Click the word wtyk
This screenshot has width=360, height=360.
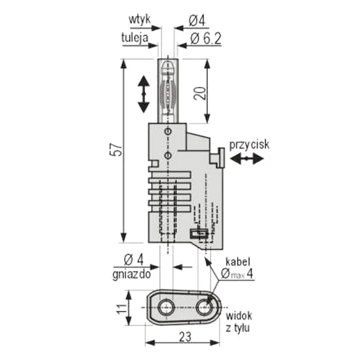coord(139,20)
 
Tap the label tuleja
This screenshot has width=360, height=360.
coord(135,37)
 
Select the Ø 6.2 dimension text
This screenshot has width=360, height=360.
coord(206,39)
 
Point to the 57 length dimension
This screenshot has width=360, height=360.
coord(117,150)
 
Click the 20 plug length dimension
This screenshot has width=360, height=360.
coord(199,93)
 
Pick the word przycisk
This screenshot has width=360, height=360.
coord(249,145)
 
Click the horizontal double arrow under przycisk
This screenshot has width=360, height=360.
coord(246,158)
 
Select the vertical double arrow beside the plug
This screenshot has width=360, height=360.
coord(144,94)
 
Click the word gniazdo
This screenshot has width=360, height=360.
coord(131,274)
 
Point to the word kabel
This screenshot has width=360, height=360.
coord(237,262)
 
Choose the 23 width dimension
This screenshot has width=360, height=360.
coord(185,337)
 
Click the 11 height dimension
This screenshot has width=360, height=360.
coord(122,308)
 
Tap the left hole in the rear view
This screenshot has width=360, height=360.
coord(167,307)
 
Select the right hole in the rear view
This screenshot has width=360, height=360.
coord(205,307)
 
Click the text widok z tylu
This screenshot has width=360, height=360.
coord(238,321)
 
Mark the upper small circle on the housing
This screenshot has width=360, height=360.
coord(169,131)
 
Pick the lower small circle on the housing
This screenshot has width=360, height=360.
coord(169,155)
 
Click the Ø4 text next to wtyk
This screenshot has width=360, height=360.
coord(197,21)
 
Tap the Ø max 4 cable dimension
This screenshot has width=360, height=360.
coord(237,274)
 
